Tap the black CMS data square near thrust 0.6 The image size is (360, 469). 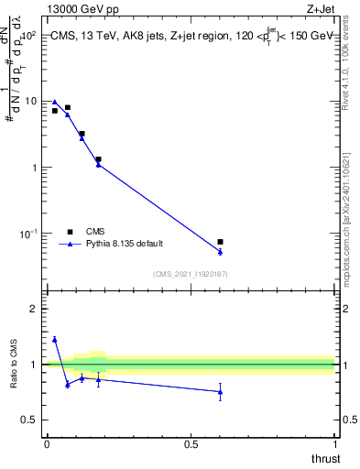point(220,242)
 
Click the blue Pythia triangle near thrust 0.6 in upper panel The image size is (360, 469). point(220,251)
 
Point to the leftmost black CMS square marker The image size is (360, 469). point(55,111)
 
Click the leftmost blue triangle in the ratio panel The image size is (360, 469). point(55,339)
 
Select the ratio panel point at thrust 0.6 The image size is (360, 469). point(220,392)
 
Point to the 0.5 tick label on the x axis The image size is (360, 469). point(191,443)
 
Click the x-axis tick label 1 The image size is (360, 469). point(336,443)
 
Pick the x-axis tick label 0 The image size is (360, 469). point(47,443)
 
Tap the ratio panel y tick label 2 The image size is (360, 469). point(34,310)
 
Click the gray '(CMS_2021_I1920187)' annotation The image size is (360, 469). point(191,273)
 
